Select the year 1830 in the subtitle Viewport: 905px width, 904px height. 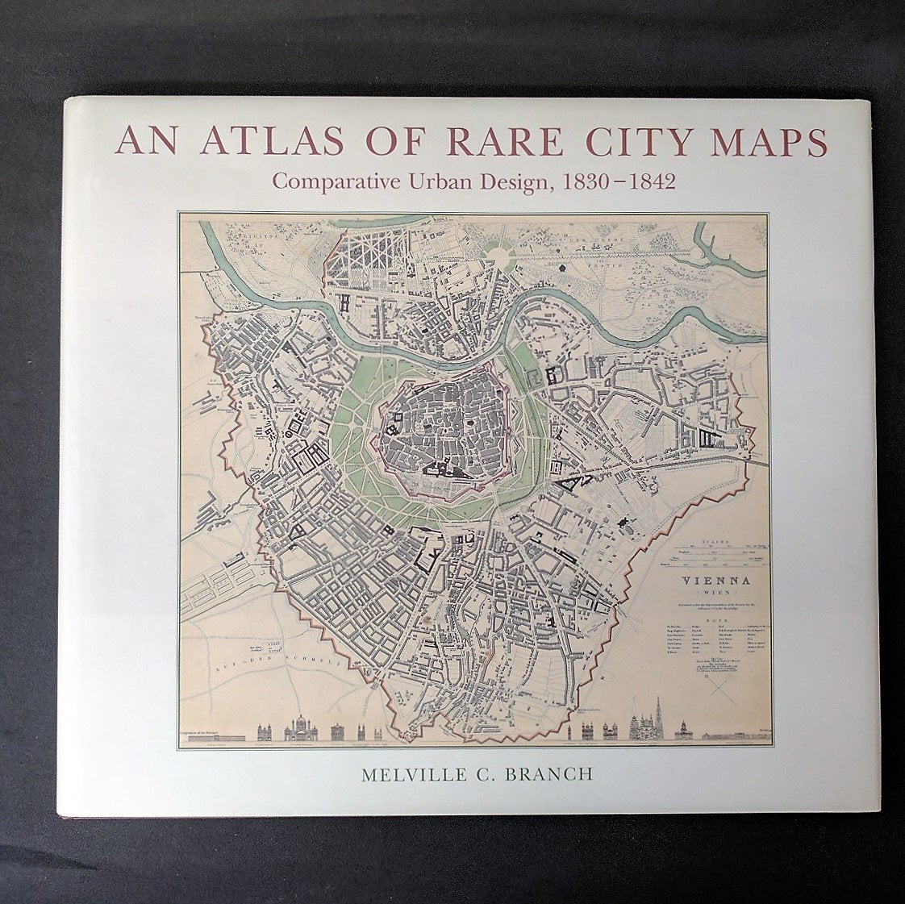(x=584, y=181)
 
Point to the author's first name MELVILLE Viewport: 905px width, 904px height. (x=411, y=774)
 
